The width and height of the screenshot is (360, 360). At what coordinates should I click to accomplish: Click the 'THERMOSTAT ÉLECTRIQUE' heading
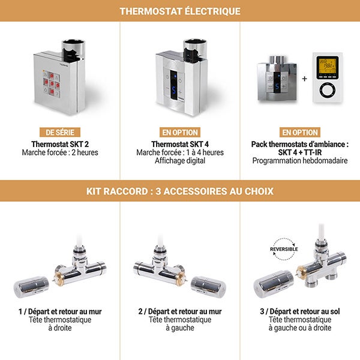[180, 11]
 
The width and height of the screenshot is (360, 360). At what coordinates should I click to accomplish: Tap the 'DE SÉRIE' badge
[59, 132]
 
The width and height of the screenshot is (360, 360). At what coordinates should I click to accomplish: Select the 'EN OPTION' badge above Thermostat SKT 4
[180, 132]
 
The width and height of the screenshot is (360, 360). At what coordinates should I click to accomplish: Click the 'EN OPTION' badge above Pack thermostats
[300, 132]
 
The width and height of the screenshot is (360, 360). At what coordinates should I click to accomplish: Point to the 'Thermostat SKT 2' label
[59, 144]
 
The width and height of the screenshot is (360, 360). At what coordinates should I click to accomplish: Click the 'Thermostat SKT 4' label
[180, 144]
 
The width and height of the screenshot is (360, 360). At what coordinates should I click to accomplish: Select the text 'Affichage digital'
[180, 161]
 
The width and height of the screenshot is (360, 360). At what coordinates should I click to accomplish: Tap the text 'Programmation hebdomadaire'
[300, 161]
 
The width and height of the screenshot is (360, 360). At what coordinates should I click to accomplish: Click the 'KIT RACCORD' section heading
[180, 191]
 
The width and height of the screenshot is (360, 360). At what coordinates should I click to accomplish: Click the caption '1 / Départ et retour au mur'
[59, 311]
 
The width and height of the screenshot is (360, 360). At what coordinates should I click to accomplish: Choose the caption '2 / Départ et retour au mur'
[180, 311]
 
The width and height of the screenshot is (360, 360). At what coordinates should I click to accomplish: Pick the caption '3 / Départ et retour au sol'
[300, 311]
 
